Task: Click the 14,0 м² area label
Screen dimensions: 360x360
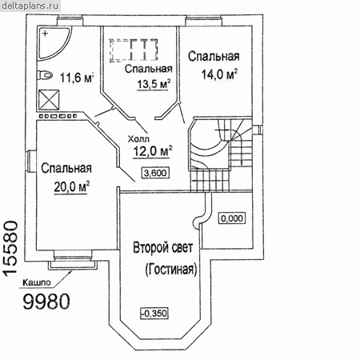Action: pyautogui.click(x=219, y=74)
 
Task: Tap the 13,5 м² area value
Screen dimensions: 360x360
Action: pyautogui.click(x=154, y=84)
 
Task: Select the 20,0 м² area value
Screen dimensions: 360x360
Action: pyautogui.click(x=71, y=186)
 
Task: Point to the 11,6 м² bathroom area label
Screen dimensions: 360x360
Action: pyautogui.click(x=77, y=78)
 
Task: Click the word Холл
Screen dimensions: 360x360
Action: pyautogui.click(x=138, y=139)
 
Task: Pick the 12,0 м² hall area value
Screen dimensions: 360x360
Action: pyautogui.click(x=152, y=151)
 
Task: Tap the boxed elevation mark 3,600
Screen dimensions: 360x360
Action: pyautogui.click(x=155, y=173)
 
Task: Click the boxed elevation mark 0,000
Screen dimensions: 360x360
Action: pyautogui.click(x=232, y=218)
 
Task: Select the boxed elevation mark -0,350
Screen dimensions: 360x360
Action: pyautogui.click(x=154, y=314)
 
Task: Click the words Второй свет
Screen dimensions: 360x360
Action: pyautogui.click(x=162, y=248)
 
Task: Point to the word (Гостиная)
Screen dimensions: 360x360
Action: pyautogui.click(x=171, y=270)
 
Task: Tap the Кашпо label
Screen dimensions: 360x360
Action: pyautogui.click(x=37, y=282)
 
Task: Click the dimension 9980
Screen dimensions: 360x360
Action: pyautogui.click(x=46, y=302)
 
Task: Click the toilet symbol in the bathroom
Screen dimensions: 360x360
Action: pyautogui.click(x=45, y=75)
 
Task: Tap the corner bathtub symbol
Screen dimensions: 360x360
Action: pyautogui.click(x=54, y=43)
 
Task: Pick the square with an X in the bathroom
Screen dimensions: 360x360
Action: pyautogui.click(x=49, y=100)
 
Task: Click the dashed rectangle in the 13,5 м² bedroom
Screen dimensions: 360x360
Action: pyautogui.click(x=134, y=50)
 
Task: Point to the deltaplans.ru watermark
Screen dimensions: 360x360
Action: pyautogui.click(x=30, y=6)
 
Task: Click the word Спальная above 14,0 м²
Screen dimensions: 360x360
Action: pyautogui.click(x=214, y=57)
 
